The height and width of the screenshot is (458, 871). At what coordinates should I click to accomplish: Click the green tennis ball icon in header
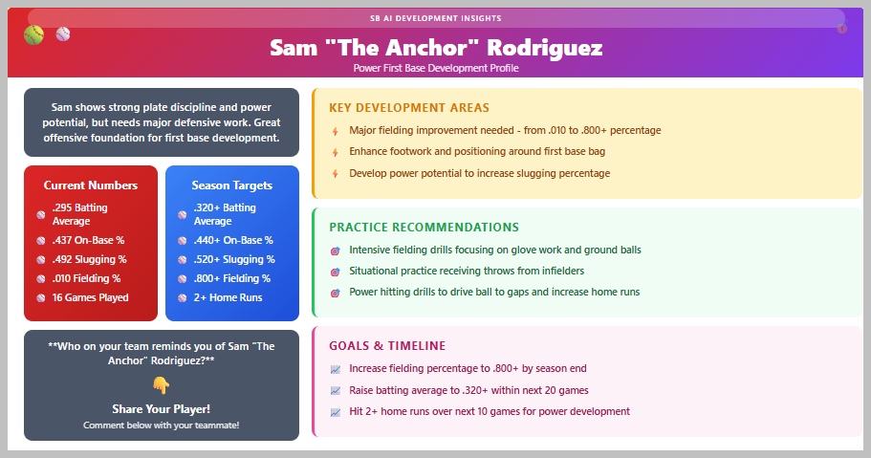[x=33, y=35]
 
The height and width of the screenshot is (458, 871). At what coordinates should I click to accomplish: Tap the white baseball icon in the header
[x=63, y=34]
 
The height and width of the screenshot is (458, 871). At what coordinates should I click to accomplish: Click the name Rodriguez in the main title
[x=544, y=49]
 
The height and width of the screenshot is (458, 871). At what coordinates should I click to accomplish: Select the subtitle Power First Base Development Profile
[x=436, y=68]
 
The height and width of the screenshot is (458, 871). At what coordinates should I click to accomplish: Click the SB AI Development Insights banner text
[x=436, y=18]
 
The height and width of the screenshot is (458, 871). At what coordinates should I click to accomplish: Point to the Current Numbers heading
[x=91, y=185]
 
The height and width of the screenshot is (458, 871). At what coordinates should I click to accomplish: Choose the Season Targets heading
[x=232, y=185]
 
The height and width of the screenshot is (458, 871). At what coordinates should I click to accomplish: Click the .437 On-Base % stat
[x=88, y=240]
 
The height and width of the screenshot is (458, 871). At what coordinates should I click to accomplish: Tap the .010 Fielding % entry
[x=87, y=278]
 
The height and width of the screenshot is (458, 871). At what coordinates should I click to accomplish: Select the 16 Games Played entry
[x=91, y=297]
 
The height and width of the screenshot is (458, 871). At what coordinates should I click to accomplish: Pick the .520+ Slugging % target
[x=234, y=259]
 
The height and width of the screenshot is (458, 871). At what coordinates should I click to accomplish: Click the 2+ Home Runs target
[x=228, y=297]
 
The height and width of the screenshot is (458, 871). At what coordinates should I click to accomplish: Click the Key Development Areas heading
[x=409, y=108]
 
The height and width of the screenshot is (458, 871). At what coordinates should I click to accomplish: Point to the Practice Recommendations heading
[x=425, y=228]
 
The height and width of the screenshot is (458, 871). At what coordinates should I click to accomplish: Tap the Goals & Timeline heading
[x=387, y=346]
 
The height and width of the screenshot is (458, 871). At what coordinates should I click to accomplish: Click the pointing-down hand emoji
[x=161, y=384]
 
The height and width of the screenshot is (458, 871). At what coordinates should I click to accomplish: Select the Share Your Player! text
[x=161, y=409]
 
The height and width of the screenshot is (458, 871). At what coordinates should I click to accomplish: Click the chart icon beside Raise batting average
[x=336, y=391]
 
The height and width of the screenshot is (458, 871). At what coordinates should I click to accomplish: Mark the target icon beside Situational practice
[x=336, y=272]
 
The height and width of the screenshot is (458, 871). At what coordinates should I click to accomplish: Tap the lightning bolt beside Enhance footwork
[x=335, y=152]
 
